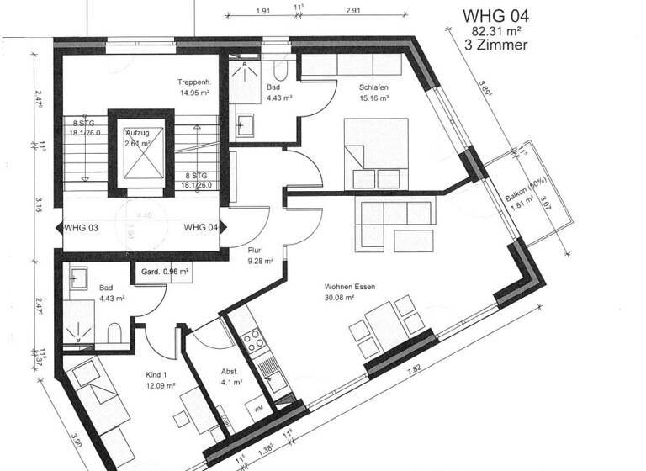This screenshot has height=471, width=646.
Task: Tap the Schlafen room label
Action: pyautogui.click(x=373, y=87)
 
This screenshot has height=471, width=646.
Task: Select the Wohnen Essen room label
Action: pyautogui.click(x=350, y=286)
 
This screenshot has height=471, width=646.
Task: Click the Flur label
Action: pyautogui.click(x=255, y=250)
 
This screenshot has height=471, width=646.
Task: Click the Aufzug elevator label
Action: pyautogui.click(x=138, y=134)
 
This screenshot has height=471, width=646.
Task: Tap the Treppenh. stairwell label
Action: pyautogui.click(x=193, y=82)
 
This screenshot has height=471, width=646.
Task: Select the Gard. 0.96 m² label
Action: pyautogui.click(x=165, y=273)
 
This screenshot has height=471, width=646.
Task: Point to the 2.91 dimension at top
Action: pyautogui.click(x=352, y=11)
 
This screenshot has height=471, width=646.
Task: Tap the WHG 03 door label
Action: pyautogui.click(x=82, y=227)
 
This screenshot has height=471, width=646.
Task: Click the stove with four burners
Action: pyautogui.click(x=252, y=340)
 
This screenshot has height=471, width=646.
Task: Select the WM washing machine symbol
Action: pyautogui.click(x=257, y=408)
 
